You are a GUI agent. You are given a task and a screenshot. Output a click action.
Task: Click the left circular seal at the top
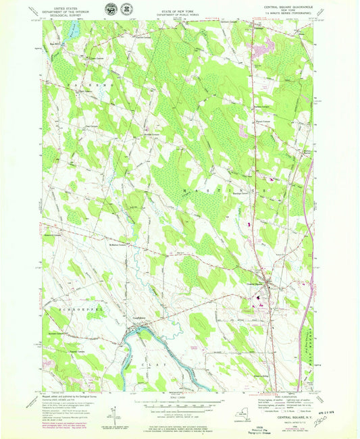110,9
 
